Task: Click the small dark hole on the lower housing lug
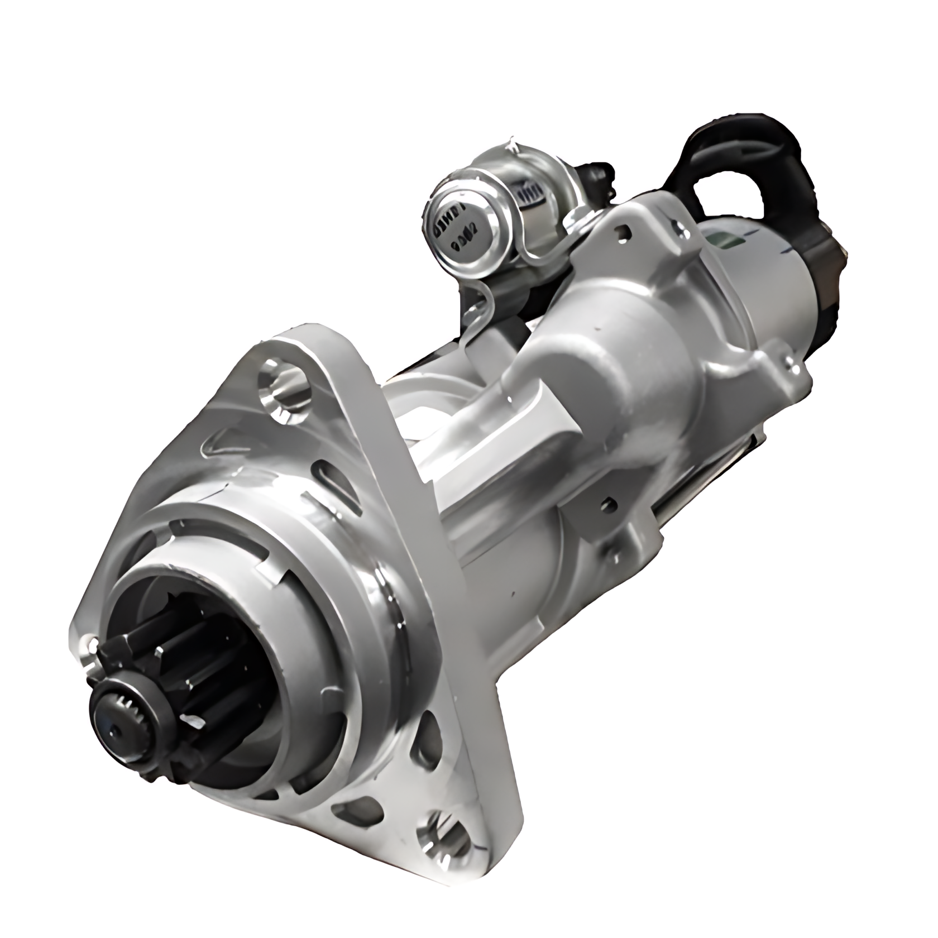click(609, 505)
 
